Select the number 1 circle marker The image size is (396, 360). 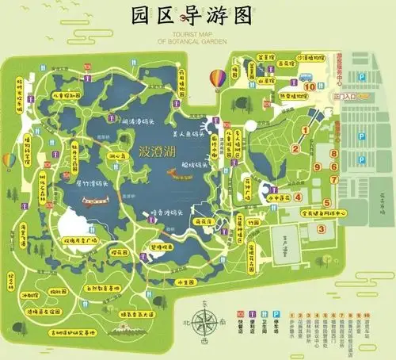click(x=295, y=148)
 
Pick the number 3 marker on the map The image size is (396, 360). click(x=322, y=229)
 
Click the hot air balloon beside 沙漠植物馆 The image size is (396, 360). click(x=216, y=79)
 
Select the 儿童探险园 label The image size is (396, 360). click(x=68, y=95)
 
